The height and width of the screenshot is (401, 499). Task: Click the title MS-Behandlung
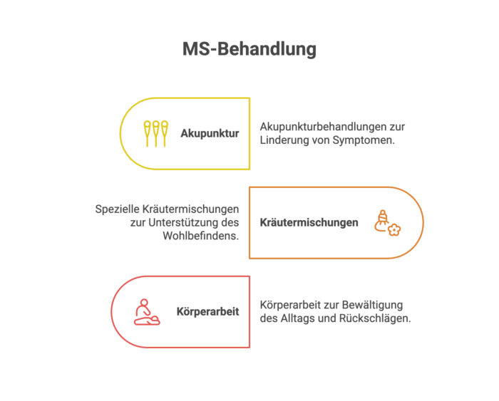249,50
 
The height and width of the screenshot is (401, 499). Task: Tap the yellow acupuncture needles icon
155,133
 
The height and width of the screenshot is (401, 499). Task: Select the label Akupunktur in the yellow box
210,133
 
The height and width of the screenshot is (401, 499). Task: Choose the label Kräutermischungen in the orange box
309,223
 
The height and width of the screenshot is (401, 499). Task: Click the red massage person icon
146,312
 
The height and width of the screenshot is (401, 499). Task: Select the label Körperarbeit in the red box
208,312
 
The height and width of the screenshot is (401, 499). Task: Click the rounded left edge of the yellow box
120,133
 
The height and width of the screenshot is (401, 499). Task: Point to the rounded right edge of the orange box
423,223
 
